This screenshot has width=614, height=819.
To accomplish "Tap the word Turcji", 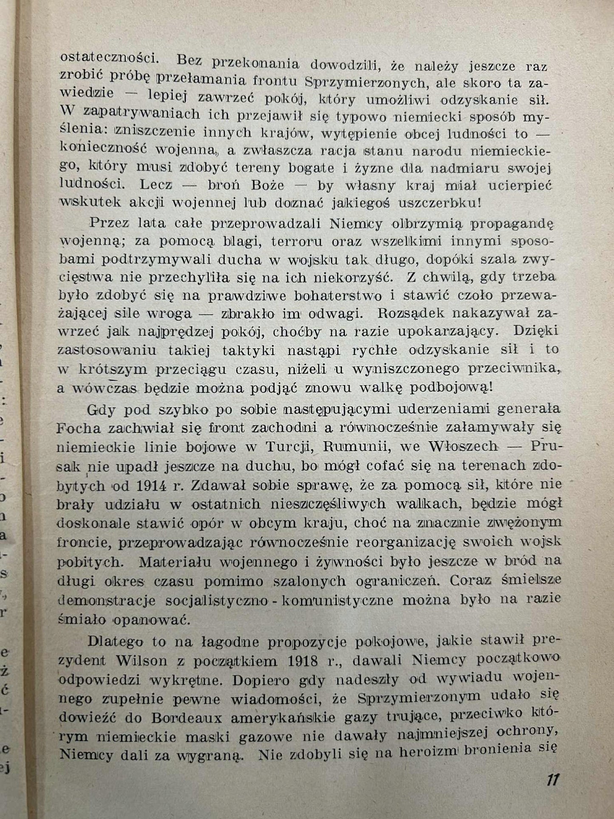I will [x=291, y=447].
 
